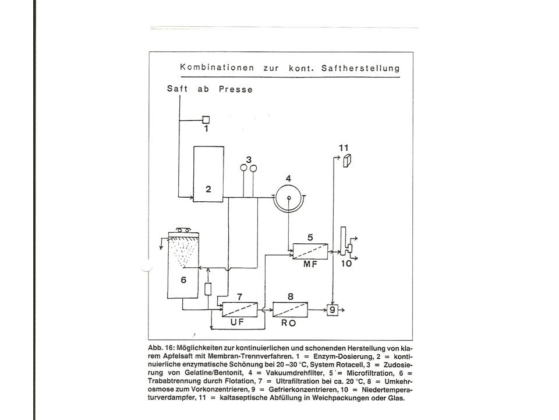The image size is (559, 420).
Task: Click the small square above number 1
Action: point(206,120)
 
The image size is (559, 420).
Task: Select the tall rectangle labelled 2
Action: point(208,174)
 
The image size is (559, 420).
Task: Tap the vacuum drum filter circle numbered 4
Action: point(289,198)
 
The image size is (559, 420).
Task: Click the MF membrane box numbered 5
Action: point(310,251)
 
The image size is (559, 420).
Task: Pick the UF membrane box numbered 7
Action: point(239,309)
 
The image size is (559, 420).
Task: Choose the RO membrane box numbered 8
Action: point(290,309)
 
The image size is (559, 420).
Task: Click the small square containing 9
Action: point(332,310)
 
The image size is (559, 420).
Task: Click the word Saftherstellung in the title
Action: point(360,68)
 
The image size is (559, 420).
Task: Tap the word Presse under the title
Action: point(236,89)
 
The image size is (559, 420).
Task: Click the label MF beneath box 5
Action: point(310,264)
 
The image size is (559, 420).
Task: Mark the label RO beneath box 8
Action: point(288,323)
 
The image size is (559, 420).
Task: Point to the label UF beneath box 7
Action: point(237,322)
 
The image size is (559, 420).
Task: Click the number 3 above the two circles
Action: point(249,159)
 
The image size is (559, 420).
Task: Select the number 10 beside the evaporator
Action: point(346,264)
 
